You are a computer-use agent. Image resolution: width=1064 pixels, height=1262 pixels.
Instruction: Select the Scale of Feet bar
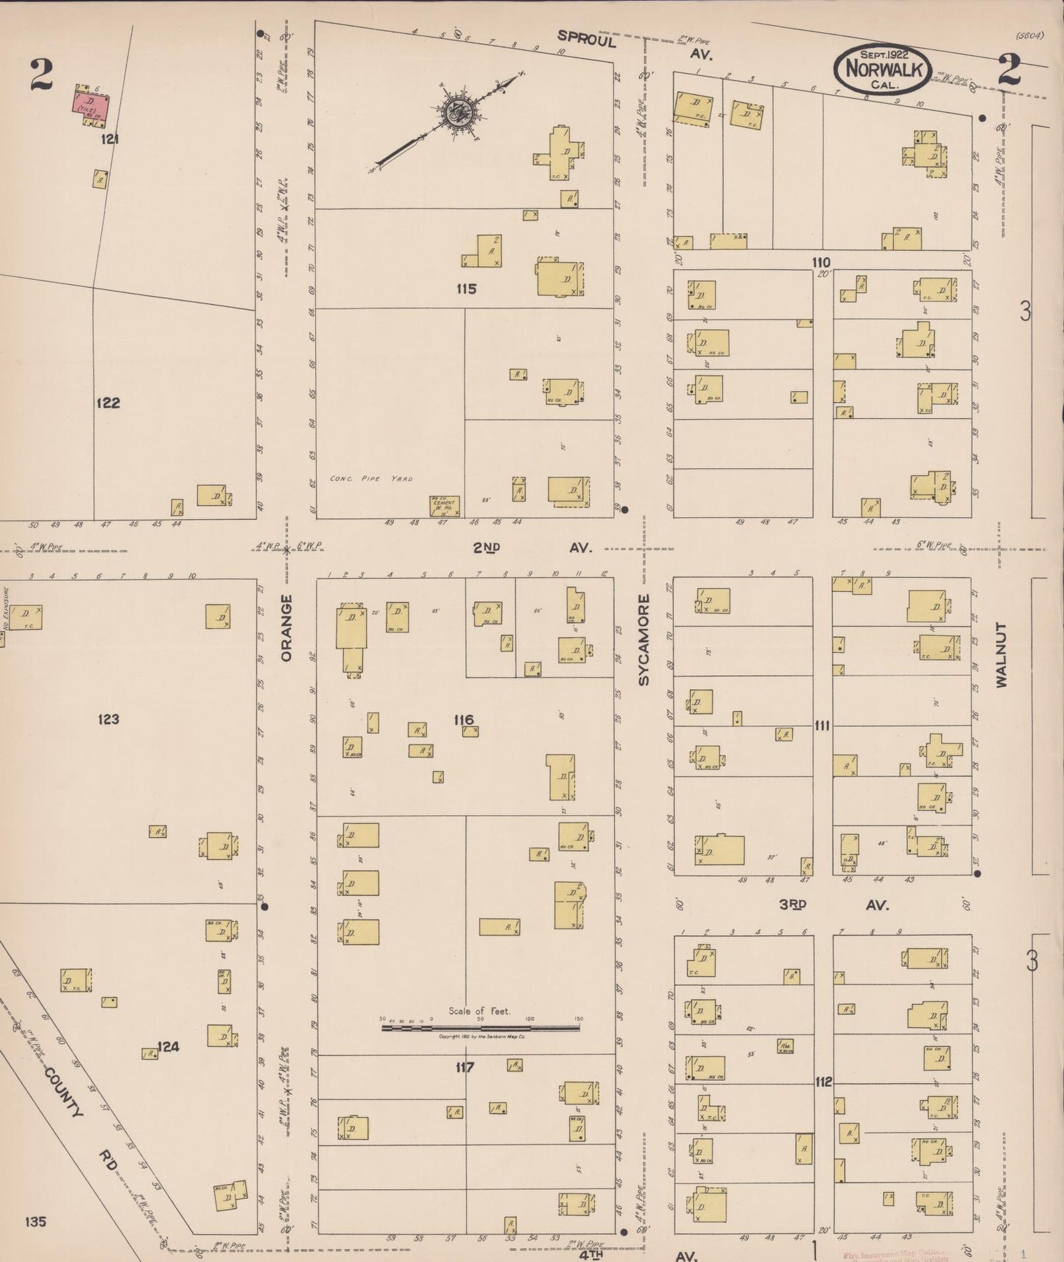click(x=479, y=1026)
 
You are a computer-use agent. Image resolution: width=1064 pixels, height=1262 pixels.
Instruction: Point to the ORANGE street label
click(x=286, y=627)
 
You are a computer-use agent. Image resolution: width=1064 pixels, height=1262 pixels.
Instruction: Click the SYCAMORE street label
click(x=644, y=640)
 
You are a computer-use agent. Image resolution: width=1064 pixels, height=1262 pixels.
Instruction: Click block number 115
click(x=466, y=289)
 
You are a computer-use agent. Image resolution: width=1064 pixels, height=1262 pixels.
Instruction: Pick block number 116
click(x=464, y=719)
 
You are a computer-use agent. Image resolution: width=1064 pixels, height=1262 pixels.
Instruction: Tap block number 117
click(x=465, y=1067)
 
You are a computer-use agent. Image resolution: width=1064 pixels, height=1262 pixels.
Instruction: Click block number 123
click(x=108, y=719)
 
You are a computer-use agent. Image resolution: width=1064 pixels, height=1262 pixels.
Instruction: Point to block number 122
click(x=108, y=403)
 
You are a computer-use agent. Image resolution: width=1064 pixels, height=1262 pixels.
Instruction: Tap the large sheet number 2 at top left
click(x=42, y=75)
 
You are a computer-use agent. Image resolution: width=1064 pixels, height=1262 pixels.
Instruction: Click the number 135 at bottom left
click(x=35, y=1222)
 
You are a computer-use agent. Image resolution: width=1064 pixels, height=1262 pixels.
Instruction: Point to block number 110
click(x=821, y=262)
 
